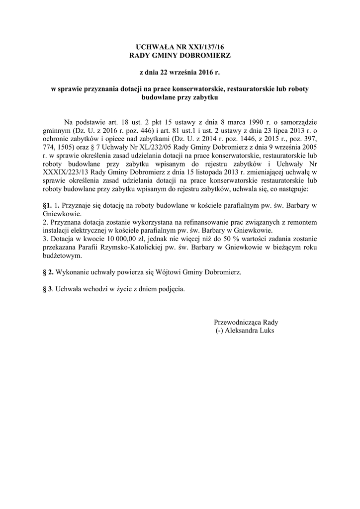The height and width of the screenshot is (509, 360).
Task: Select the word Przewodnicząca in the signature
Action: (x=238, y=322)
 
